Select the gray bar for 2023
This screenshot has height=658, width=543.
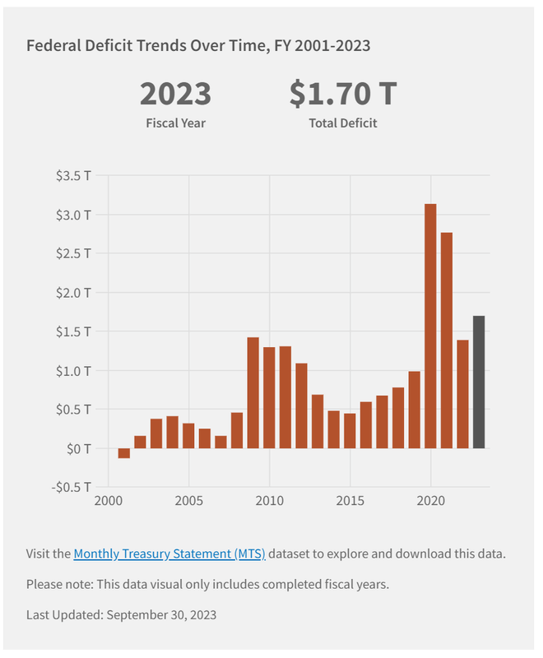pyautogui.click(x=479, y=382)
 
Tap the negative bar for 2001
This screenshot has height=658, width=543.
pyautogui.click(x=124, y=453)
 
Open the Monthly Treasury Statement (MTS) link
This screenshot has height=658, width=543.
pyautogui.click(x=169, y=554)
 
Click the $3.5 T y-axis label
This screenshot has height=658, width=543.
pyautogui.click(x=75, y=176)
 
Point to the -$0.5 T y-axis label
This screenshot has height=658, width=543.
pyautogui.click(x=72, y=487)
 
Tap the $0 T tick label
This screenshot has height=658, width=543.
pyautogui.click(x=79, y=448)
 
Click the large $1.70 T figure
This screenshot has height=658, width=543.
pyautogui.click(x=343, y=94)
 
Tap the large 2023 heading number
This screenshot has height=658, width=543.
pyautogui.click(x=175, y=94)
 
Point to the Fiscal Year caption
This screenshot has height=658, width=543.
pyautogui.click(x=175, y=123)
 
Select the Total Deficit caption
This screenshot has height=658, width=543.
pyautogui.click(x=343, y=123)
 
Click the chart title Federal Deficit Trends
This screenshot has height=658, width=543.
pyautogui.click(x=198, y=45)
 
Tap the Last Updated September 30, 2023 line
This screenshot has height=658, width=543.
pyautogui.click(x=122, y=614)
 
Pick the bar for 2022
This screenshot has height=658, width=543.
pyautogui.click(x=462, y=394)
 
